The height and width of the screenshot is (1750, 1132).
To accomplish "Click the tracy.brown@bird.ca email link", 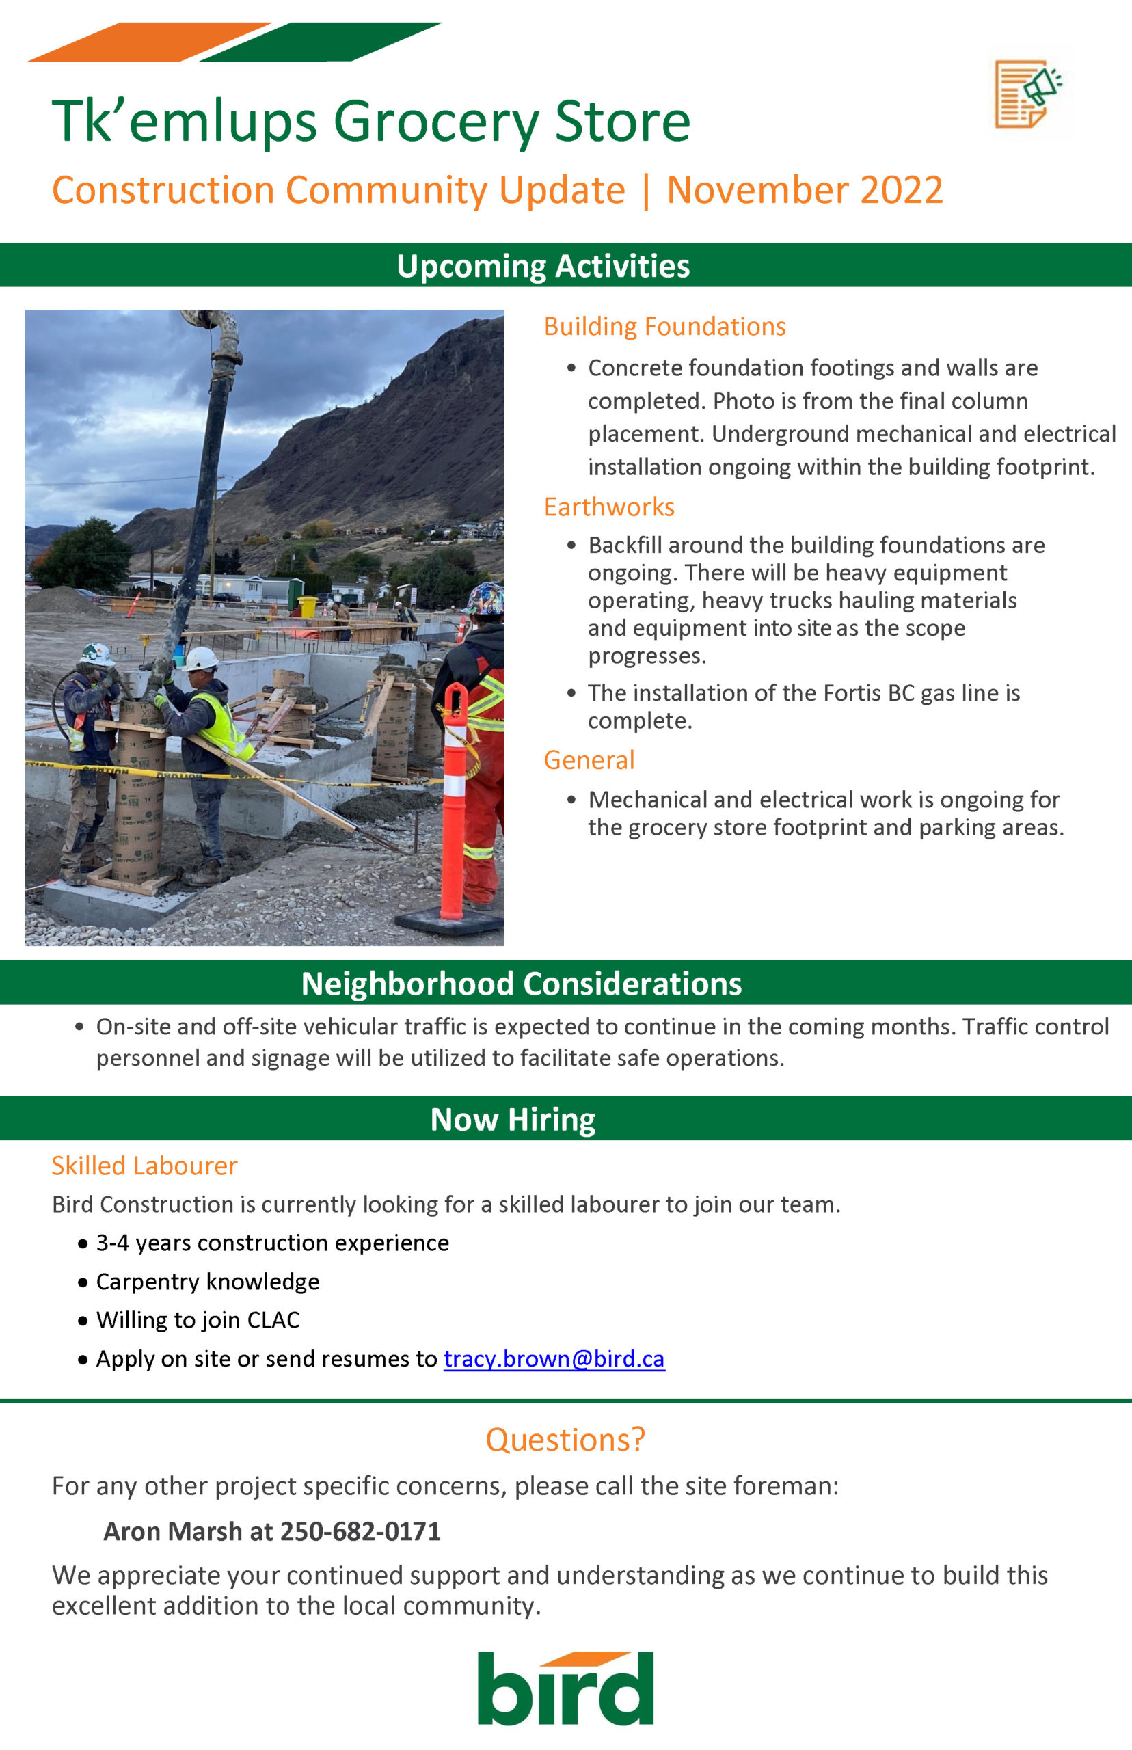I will tap(554, 1358).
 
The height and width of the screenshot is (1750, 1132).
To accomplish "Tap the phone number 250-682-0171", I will tap(360, 1531).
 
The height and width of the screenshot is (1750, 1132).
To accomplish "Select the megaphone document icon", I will tap(1028, 94).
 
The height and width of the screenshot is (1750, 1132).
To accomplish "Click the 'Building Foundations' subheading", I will tap(664, 326).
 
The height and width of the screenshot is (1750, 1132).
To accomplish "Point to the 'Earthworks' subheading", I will tap(608, 507).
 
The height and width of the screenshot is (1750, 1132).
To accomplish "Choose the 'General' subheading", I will tap(589, 760).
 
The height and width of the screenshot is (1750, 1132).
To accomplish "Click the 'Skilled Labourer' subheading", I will tap(144, 1166).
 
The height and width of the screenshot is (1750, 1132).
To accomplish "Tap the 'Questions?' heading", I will tap(565, 1439).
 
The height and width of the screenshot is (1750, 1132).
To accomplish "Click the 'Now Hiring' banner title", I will tap(513, 1119).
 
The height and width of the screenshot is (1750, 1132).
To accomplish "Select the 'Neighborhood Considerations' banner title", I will tap(521, 984).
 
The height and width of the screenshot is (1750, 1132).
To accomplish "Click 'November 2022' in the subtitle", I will tap(804, 190).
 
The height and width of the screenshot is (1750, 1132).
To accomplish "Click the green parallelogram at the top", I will tap(320, 42).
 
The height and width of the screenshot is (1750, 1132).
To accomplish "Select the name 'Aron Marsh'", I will tap(173, 1531).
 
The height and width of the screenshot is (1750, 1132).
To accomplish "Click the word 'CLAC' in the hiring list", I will tap(273, 1320).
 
